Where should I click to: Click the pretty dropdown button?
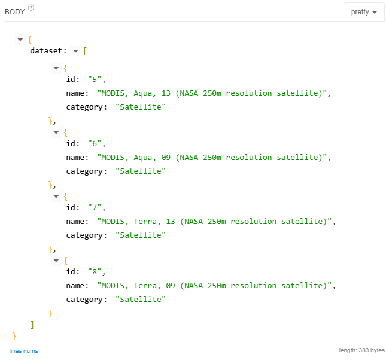(364, 12)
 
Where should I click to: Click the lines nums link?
(23, 350)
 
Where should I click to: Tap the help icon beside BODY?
(31, 8)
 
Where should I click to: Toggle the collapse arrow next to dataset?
(75, 51)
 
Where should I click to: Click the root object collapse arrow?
(20, 40)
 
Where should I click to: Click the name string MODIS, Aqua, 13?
(214, 93)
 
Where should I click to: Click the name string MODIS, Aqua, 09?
(214, 157)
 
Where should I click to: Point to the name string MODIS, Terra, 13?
(216, 221)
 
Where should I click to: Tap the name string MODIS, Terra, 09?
(216, 285)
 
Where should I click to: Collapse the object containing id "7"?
(56, 196)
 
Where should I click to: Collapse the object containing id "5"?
(56, 68)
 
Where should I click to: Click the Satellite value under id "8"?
(141, 299)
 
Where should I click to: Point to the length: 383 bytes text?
(361, 350)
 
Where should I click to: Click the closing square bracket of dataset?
(32, 324)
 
